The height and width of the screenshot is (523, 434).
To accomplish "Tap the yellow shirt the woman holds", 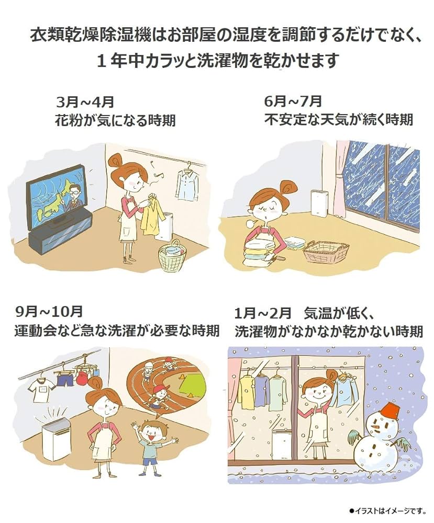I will (x=151, y=214).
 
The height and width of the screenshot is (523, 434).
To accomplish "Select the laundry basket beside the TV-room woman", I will (x=172, y=256).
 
